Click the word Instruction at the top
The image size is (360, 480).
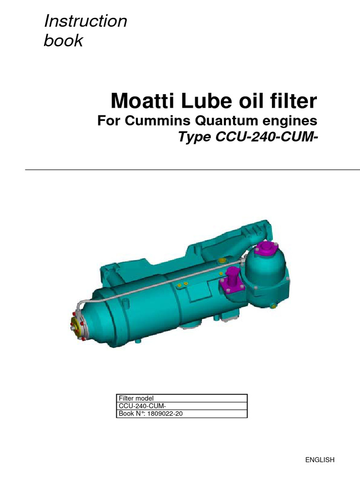85,21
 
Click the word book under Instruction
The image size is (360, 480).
63,41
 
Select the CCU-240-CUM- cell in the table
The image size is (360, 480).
139,406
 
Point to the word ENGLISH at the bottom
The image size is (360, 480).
320,460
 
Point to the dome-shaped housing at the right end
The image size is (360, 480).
269,272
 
